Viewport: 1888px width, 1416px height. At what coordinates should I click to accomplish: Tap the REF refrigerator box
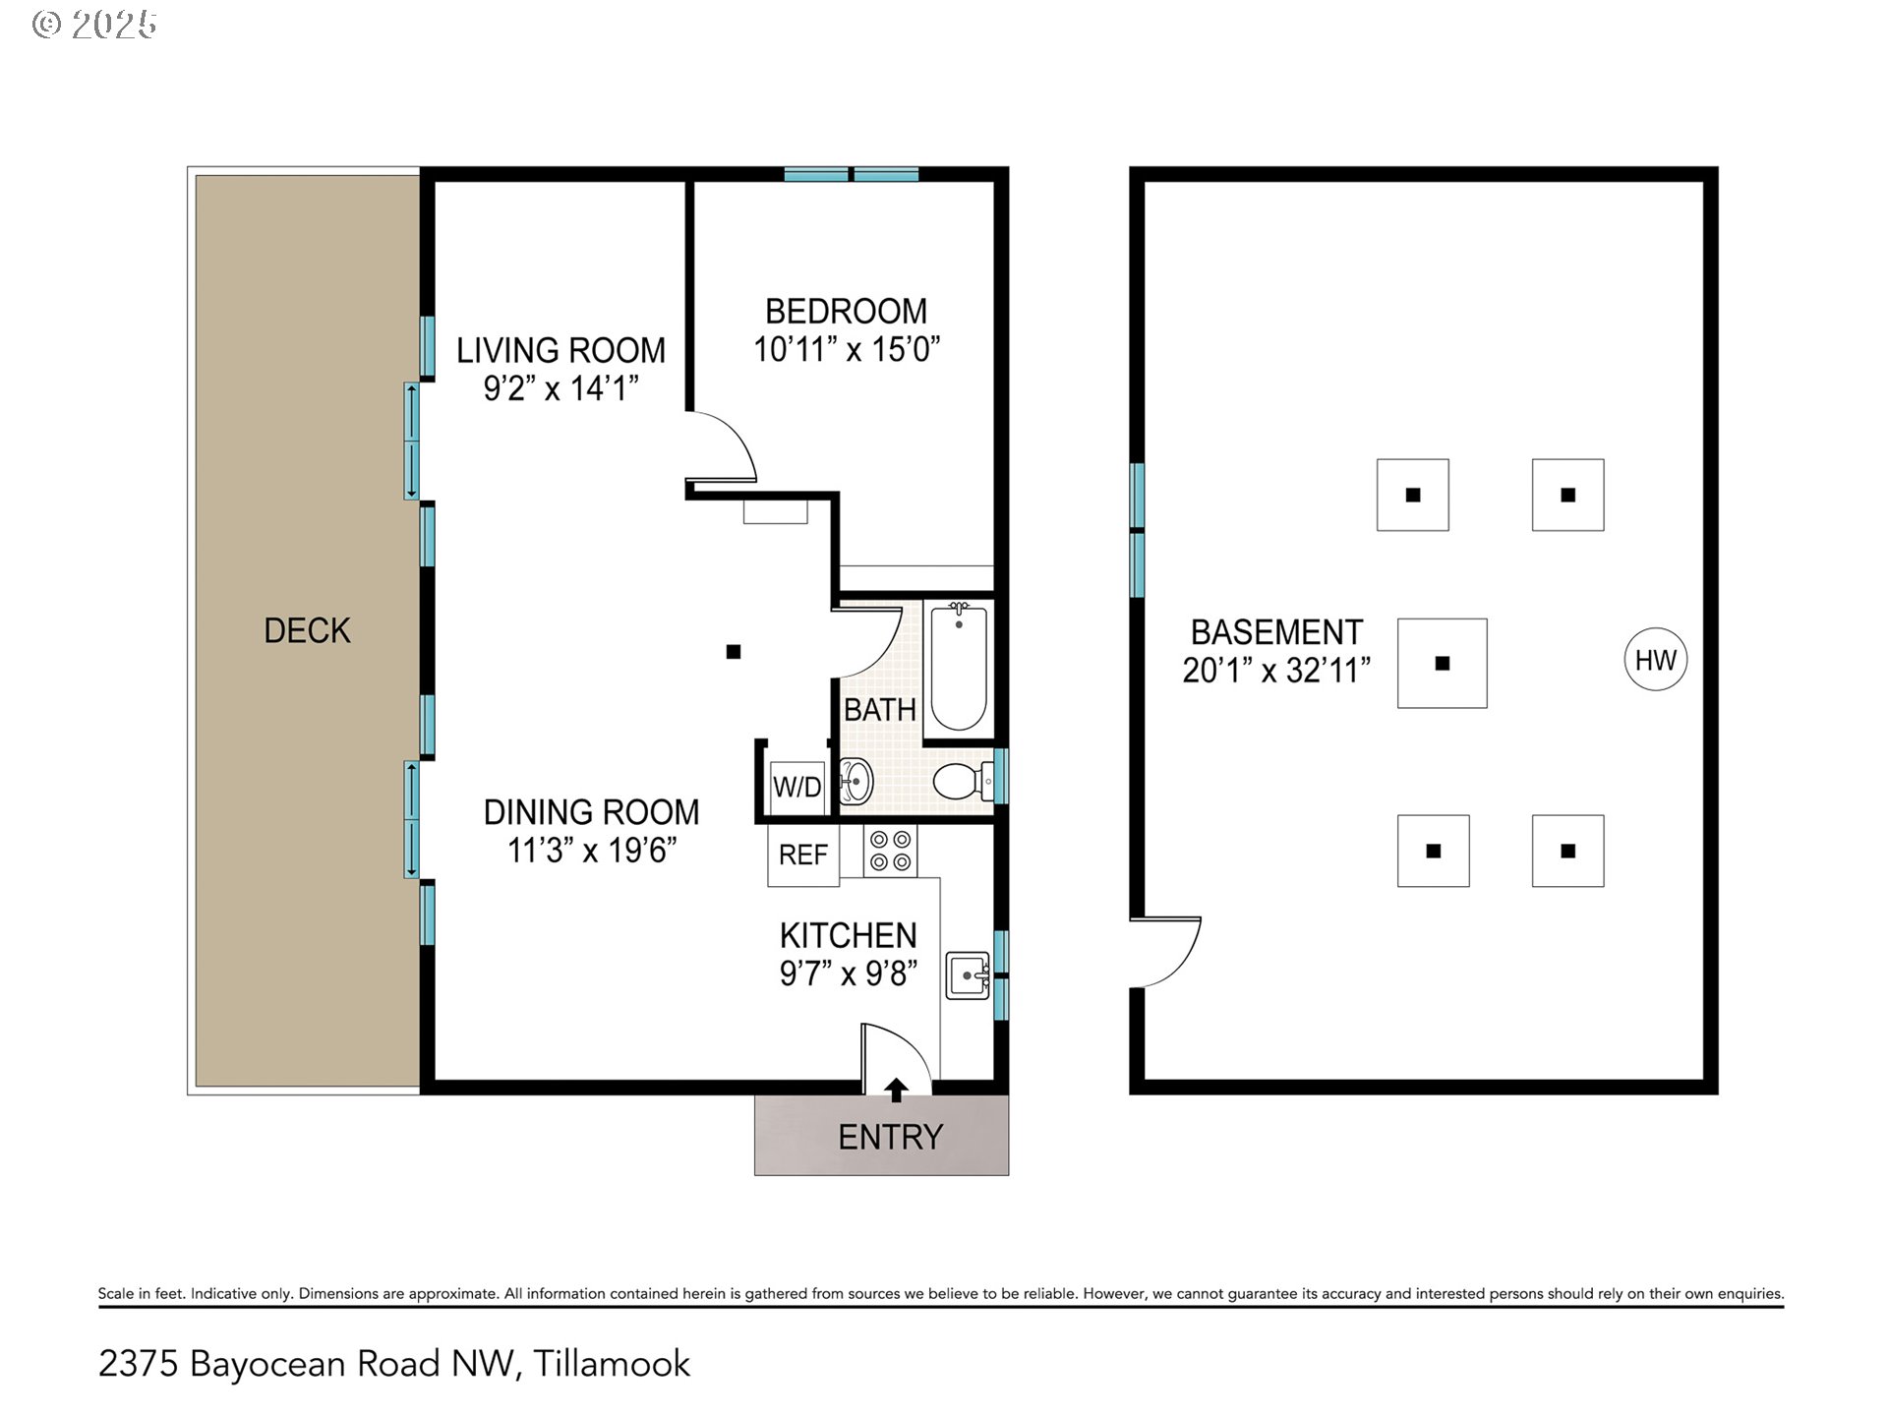[802, 855]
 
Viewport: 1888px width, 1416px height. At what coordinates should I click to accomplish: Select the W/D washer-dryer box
[796, 787]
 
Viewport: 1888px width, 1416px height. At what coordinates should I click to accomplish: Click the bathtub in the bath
[958, 668]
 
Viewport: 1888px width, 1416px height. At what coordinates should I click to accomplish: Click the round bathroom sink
[855, 783]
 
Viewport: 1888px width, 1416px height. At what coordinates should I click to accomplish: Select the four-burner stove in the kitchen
[890, 851]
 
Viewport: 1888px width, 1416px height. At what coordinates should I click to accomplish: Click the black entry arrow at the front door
[896, 1090]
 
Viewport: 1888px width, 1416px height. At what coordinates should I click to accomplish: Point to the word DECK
[307, 630]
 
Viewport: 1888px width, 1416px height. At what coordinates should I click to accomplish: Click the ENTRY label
[890, 1137]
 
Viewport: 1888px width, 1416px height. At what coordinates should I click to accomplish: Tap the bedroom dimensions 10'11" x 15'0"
[847, 349]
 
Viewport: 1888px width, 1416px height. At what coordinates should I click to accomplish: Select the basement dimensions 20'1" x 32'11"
[1275, 671]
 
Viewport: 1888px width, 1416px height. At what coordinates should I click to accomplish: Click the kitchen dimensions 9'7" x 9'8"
[849, 973]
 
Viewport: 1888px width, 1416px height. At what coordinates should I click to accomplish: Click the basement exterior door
[1166, 952]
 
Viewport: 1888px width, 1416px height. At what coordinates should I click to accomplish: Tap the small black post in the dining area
[734, 651]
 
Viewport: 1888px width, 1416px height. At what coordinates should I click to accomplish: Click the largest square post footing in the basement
[1442, 663]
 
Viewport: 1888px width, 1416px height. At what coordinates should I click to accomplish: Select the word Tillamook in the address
[612, 1364]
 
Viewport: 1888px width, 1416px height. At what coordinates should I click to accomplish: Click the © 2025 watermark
[94, 25]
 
